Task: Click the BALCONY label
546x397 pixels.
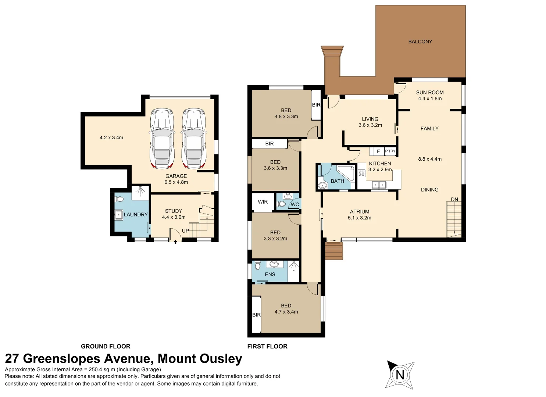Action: [x=420, y=42]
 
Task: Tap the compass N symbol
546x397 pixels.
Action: [x=400, y=375]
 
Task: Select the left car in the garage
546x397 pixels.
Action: [x=163, y=139]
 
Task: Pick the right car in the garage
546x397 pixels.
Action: [x=194, y=139]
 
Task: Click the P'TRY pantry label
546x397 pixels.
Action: [x=390, y=151]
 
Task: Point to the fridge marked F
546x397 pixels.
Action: [x=378, y=151]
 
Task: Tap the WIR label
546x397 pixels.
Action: [x=263, y=202]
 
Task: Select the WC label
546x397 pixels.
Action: [x=295, y=204]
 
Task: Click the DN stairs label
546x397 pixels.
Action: [x=454, y=199]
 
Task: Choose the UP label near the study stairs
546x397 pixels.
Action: [x=185, y=230]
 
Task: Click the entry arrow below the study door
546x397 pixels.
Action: [x=175, y=242]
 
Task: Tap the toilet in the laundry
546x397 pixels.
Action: [x=119, y=199]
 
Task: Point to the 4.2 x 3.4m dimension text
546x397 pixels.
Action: [x=111, y=138]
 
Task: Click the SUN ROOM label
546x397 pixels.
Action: [x=430, y=93]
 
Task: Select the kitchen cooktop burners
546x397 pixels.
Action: [x=361, y=173]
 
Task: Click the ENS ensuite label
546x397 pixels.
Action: [x=270, y=275]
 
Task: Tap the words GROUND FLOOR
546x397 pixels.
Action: [x=106, y=346]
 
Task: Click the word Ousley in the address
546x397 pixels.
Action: [x=221, y=358]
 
